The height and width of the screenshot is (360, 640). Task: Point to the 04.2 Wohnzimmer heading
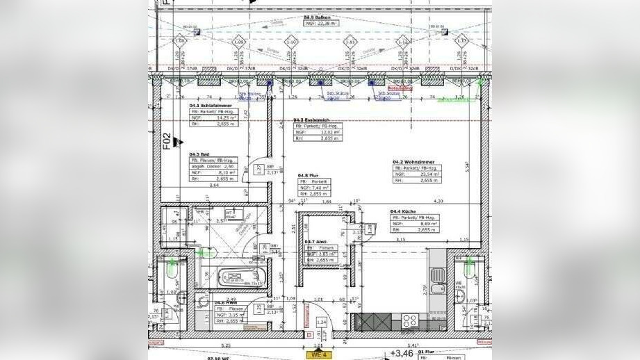click(413, 161)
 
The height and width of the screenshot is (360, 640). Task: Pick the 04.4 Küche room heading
click(403, 211)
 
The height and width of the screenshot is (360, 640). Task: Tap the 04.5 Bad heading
click(199, 154)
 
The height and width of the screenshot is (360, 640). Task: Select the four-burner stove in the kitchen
click(409, 321)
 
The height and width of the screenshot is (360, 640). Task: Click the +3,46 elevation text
click(402, 354)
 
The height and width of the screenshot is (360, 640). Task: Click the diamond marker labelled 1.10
click(292, 42)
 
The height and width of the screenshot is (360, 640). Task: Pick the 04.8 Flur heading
click(308, 175)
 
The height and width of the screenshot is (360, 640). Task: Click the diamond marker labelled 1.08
click(180, 42)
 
